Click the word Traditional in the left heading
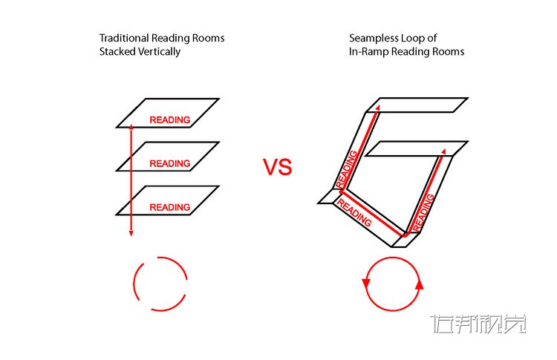tap(124, 38)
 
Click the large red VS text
tap(278, 167)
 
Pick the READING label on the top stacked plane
tap(170, 120)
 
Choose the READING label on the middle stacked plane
tap(170, 163)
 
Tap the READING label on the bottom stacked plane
tap(170, 207)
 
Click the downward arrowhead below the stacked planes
tap(131, 233)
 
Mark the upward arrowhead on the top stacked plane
tap(131, 127)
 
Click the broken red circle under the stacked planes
tap(160, 284)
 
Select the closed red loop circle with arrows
tap(393, 284)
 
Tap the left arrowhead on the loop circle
tap(366, 284)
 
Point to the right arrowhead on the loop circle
tap(419, 285)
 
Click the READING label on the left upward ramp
tap(346, 168)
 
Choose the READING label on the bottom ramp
tap(354, 213)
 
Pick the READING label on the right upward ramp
tap(423, 212)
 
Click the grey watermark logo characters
tap(478, 324)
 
